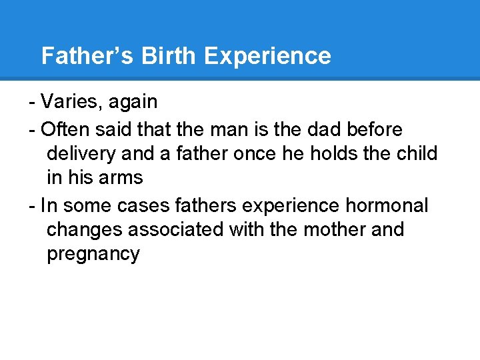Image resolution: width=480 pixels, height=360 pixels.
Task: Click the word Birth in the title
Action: click(x=168, y=56)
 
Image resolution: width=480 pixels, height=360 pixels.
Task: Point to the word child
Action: click(x=417, y=153)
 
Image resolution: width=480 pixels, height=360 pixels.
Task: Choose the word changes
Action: click(x=85, y=230)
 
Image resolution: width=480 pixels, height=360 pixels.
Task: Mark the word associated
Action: click(x=176, y=229)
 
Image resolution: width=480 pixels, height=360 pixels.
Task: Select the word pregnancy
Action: click(x=93, y=255)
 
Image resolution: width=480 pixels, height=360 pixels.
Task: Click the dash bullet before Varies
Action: click(x=32, y=103)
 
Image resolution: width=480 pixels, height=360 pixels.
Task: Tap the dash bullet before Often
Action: click(x=32, y=128)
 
